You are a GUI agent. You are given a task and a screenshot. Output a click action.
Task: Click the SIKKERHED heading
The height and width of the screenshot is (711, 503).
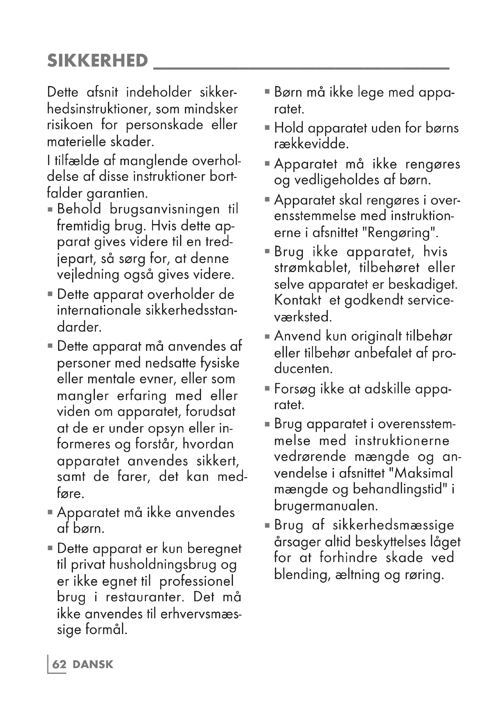click(x=97, y=60)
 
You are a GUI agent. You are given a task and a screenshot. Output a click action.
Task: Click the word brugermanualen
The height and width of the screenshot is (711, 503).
click(x=325, y=506)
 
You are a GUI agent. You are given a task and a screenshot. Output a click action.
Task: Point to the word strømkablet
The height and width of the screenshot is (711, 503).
click(x=312, y=268)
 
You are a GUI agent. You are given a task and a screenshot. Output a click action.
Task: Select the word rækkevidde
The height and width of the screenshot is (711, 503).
click(x=311, y=144)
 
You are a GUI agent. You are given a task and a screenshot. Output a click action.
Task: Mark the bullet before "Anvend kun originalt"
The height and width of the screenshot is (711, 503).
click(x=267, y=336)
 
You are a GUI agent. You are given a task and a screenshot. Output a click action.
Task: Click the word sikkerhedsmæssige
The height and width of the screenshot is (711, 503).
click(x=393, y=526)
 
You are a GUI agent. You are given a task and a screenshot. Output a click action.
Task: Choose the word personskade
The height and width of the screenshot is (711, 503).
click(x=165, y=125)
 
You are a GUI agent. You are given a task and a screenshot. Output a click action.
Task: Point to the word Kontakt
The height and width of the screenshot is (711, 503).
click(x=298, y=300)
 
